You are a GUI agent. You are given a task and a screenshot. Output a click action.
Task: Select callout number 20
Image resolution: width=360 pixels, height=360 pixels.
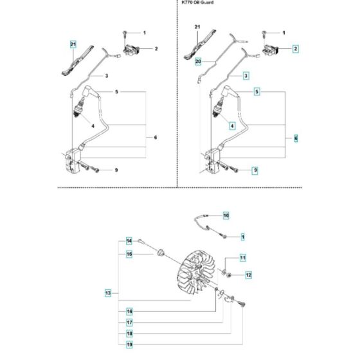(x=199, y=62)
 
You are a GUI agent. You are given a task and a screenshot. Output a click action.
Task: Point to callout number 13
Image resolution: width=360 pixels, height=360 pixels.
(x=107, y=293)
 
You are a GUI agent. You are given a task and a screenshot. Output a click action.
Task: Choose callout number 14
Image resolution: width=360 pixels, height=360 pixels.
(x=129, y=241)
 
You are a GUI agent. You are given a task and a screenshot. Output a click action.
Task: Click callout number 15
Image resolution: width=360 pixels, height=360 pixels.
(x=129, y=255)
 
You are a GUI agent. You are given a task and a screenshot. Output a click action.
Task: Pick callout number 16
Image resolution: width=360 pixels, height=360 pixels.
(x=129, y=310)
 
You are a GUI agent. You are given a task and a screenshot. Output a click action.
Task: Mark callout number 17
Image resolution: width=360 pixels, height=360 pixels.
(x=129, y=322)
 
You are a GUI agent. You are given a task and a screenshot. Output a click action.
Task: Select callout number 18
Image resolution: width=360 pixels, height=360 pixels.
(x=129, y=334)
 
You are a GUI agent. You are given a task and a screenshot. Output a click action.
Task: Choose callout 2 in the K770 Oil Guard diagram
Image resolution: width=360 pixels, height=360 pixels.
(x=295, y=49)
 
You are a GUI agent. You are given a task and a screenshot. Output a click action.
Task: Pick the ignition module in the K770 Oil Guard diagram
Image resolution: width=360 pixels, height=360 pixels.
(x=213, y=159)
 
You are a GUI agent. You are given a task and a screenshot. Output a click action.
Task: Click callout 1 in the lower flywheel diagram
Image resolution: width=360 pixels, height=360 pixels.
(x=243, y=237)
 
